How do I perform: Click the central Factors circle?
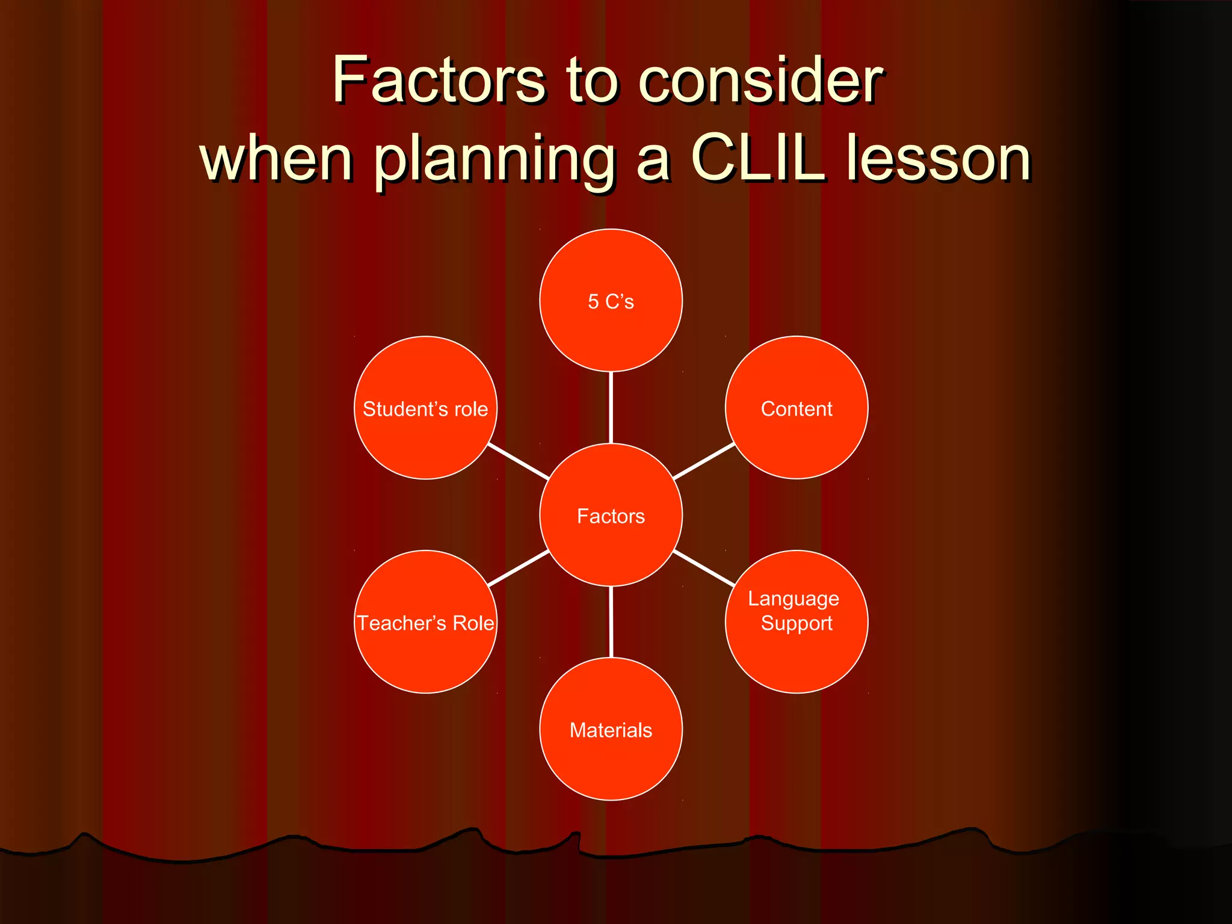tap(611, 516)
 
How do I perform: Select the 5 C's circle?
tap(611, 301)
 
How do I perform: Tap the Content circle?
tap(796, 408)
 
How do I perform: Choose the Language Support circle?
tap(796, 622)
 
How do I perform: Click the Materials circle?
tap(611, 730)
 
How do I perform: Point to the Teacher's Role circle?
tap(425, 623)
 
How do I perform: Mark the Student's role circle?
tap(425, 408)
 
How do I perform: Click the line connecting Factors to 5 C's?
tap(611, 408)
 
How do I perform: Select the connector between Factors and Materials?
tap(611, 622)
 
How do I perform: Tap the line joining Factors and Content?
tap(704, 461)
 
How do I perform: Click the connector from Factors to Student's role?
tap(519, 461)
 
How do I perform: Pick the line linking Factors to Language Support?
tap(704, 568)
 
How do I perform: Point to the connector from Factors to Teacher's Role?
tap(519, 568)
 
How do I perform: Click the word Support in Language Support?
tap(796, 624)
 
